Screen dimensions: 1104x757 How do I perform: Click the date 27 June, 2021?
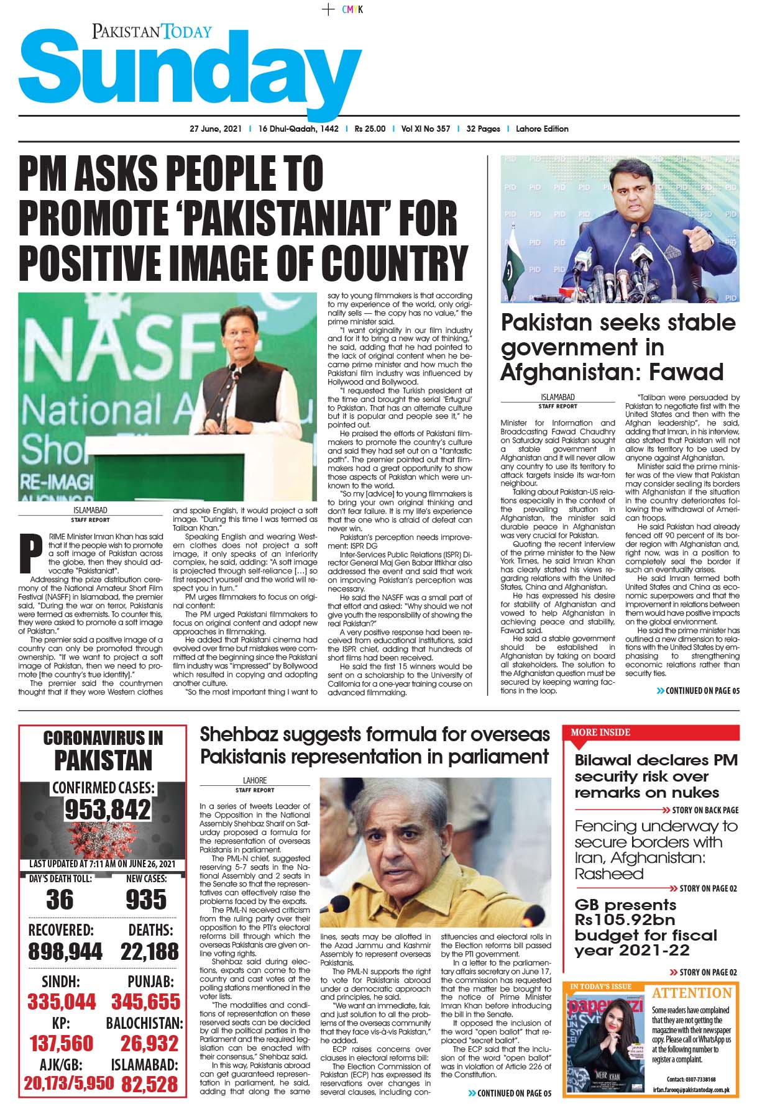point(215,129)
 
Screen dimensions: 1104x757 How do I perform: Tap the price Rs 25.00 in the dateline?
point(370,129)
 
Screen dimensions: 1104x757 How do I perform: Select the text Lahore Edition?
point(542,129)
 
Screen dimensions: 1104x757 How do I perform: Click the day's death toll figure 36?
point(60,900)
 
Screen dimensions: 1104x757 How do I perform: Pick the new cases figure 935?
point(146,900)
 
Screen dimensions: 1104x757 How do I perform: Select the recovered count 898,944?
point(65,952)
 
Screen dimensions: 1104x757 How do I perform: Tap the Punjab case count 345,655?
point(146,1001)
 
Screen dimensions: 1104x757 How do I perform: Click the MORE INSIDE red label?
point(600,732)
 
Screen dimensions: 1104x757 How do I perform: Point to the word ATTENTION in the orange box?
point(692,993)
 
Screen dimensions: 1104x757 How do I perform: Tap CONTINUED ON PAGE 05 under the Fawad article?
point(699,691)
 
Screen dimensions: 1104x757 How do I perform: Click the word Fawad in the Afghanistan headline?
point(687,372)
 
